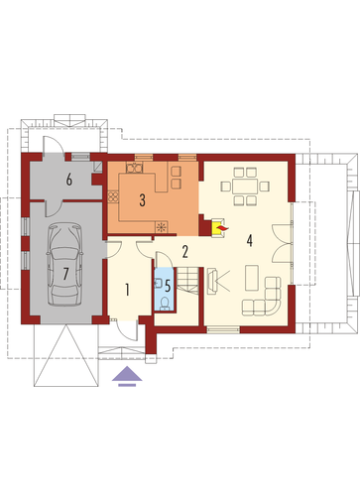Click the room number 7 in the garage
(65, 274)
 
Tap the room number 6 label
(69, 180)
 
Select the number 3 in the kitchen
(142, 200)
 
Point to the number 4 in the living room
(250, 240)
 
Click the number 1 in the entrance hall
(127, 290)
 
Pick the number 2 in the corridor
(185, 252)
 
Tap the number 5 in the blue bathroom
(168, 286)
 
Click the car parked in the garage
(64, 264)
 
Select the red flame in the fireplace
(222, 228)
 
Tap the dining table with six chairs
(245, 187)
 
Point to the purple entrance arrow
(127, 376)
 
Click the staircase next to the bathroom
(187, 280)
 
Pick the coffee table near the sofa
(252, 278)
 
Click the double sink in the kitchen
(134, 168)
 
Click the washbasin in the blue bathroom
(158, 283)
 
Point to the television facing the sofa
(211, 281)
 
